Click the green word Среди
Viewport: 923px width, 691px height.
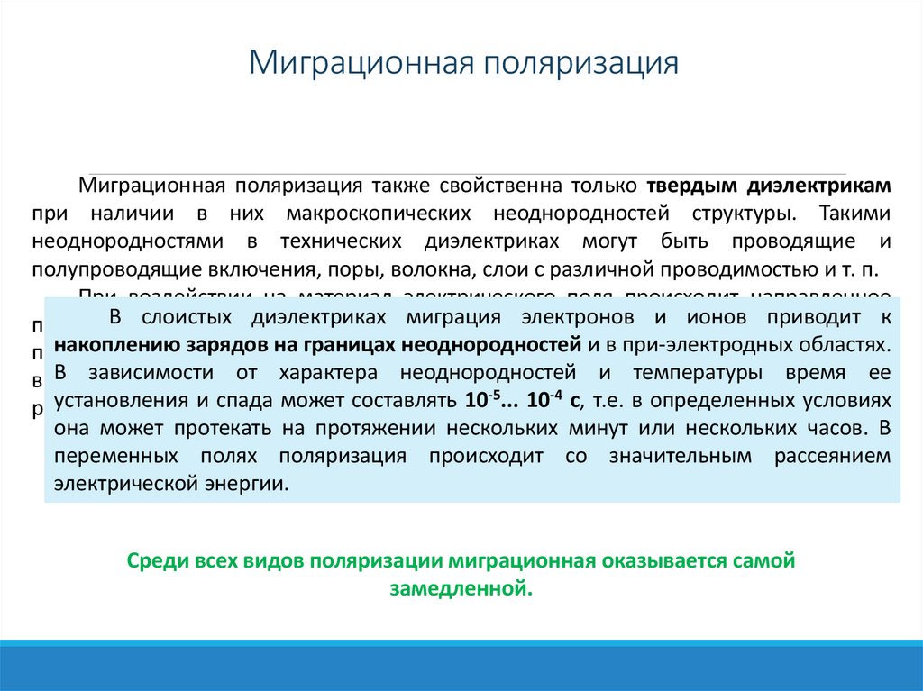tap(156, 560)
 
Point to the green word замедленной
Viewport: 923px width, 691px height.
tap(461, 589)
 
